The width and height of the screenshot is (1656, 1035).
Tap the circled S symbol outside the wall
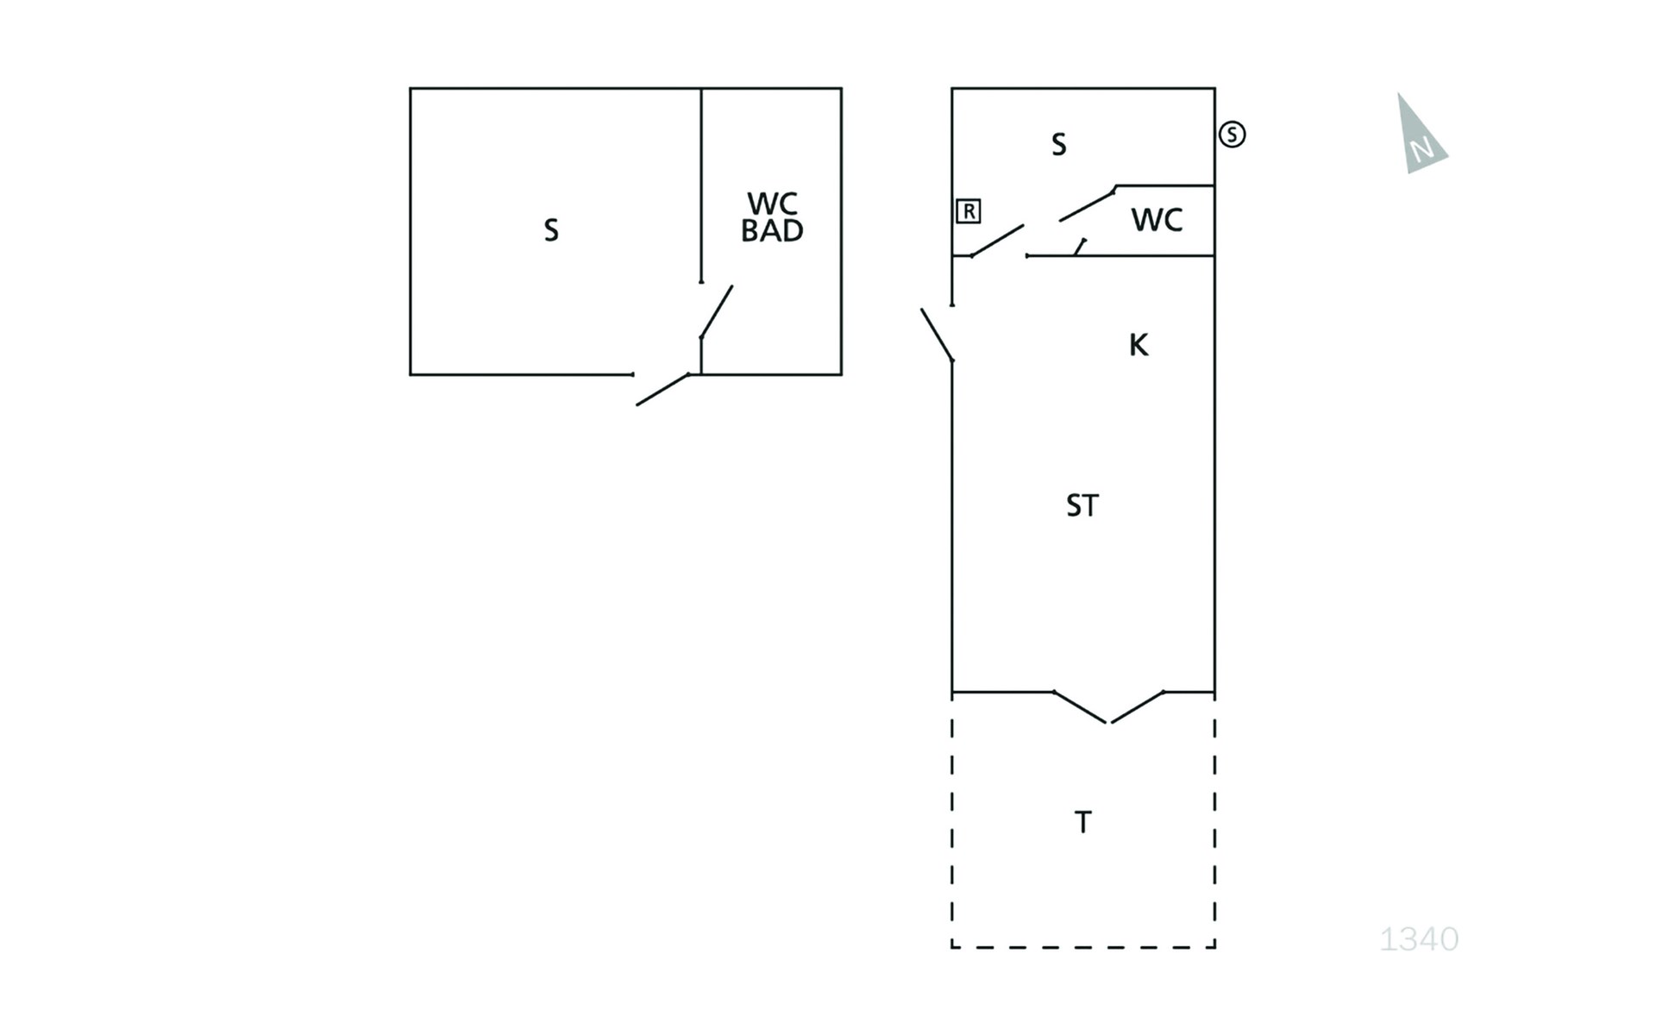click(x=1232, y=135)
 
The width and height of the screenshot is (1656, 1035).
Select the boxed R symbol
click(x=969, y=211)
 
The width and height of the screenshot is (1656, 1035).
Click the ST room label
click(x=1082, y=505)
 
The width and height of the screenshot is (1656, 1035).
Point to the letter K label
click(x=1138, y=345)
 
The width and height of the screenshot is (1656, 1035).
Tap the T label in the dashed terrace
click(x=1083, y=822)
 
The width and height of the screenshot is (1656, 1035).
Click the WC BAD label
click(x=772, y=217)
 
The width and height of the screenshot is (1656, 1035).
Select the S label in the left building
click(x=551, y=230)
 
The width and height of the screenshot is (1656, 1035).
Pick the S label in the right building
click(x=1059, y=144)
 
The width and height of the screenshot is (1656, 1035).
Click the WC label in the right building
click(x=1157, y=221)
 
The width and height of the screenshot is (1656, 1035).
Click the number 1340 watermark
click(x=1419, y=938)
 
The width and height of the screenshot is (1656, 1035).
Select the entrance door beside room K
click(x=937, y=335)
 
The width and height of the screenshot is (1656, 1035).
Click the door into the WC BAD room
click(x=716, y=312)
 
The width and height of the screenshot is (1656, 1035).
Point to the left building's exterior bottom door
click(x=662, y=390)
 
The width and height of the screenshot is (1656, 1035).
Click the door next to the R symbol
click(x=997, y=241)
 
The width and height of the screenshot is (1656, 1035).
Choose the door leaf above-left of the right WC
click(x=1088, y=204)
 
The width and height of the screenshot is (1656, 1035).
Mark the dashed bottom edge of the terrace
click(x=1083, y=947)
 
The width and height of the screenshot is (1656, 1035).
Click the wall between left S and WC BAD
click(x=701, y=185)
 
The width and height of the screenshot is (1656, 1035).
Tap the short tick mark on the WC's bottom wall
click(x=1080, y=248)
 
